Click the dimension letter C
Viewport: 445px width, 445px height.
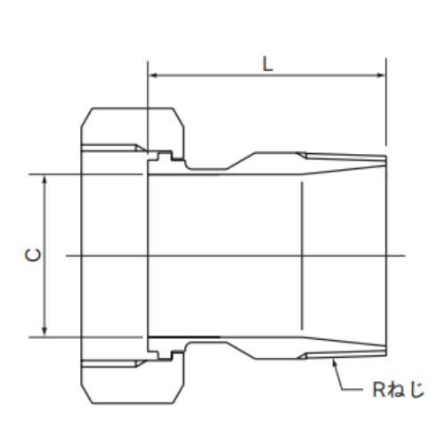(32, 255)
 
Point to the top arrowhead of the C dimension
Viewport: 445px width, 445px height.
(44, 179)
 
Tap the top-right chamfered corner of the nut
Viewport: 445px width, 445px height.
(180, 117)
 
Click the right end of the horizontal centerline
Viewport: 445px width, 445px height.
(405, 255)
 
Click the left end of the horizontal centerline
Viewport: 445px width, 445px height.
(67, 255)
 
